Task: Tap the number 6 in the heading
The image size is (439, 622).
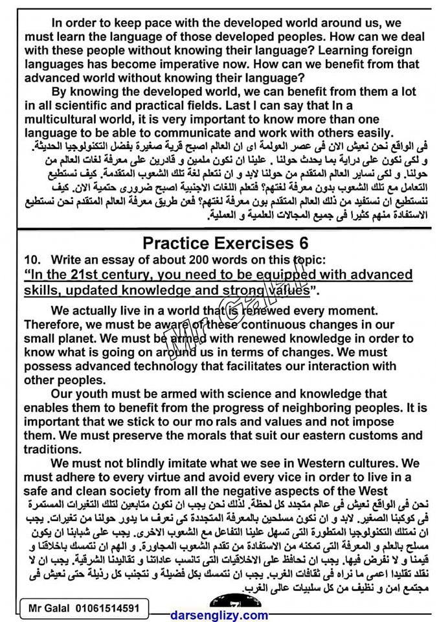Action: coord(303,243)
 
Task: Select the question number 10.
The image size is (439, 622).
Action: coord(32,259)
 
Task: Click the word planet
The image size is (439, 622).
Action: coord(82,338)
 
